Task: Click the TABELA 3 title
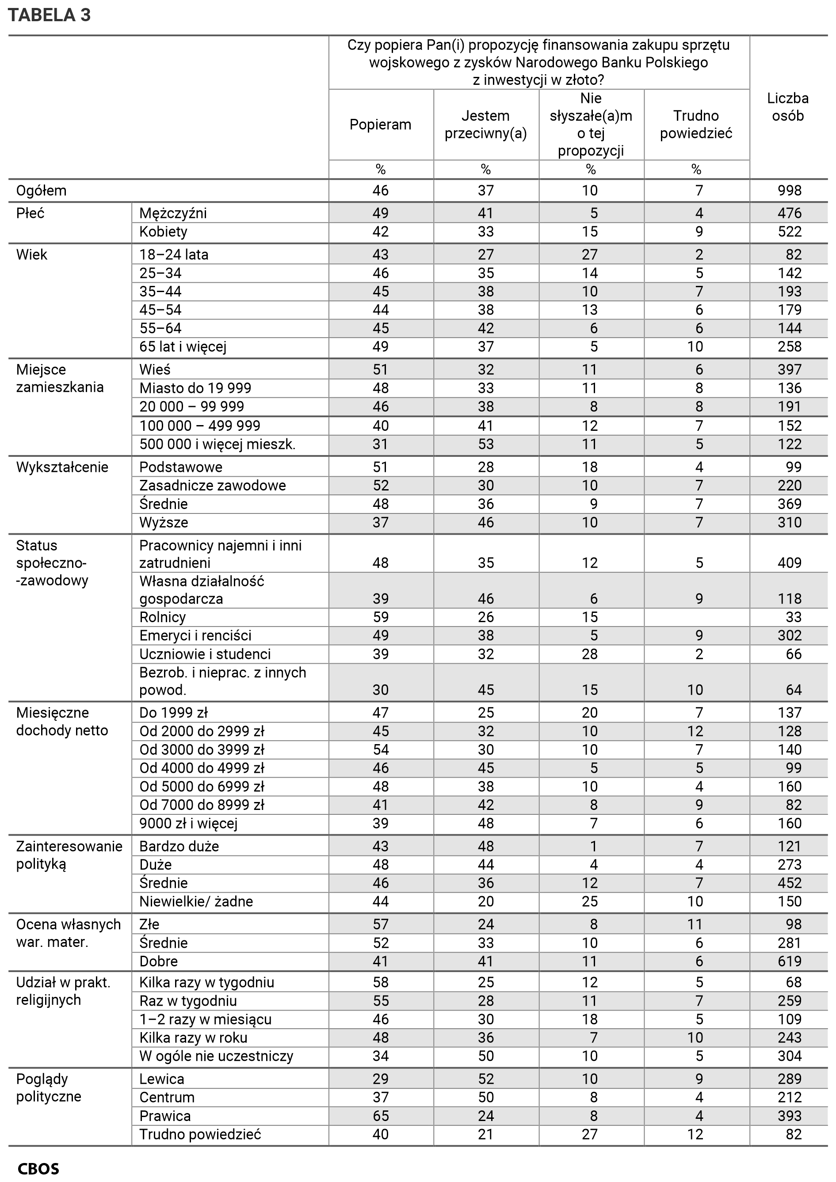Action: pyautogui.click(x=50, y=15)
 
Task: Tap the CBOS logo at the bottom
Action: pyautogui.click(x=38, y=1169)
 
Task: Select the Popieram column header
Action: pyautogui.click(x=380, y=125)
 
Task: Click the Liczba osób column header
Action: pyautogui.click(x=787, y=107)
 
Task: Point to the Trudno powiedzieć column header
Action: pyautogui.click(x=696, y=125)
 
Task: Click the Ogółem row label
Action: pyautogui.click(x=41, y=190)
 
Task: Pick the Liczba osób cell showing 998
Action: pyautogui.click(x=789, y=190)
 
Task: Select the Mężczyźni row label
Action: pyautogui.click(x=173, y=213)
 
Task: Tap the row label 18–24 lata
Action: pyautogui.click(x=174, y=255)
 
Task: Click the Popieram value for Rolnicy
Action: pyautogui.click(x=380, y=617)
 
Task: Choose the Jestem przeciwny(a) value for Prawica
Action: pyautogui.click(x=485, y=1116)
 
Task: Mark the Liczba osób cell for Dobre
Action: pyautogui.click(x=789, y=961)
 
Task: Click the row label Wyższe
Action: pyautogui.click(x=163, y=523)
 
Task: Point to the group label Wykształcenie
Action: pyautogui.click(x=62, y=467)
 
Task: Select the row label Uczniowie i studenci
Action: pyautogui.click(x=205, y=654)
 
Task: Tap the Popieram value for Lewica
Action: pyautogui.click(x=380, y=1079)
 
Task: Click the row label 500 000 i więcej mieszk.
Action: pyautogui.click(x=217, y=444)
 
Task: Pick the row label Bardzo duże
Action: pyautogui.click(x=179, y=846)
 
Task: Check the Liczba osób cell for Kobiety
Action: pyautogui.click(x=789, y=232)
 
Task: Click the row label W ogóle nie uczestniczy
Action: pyautogui.click(x=216, y=1056)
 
